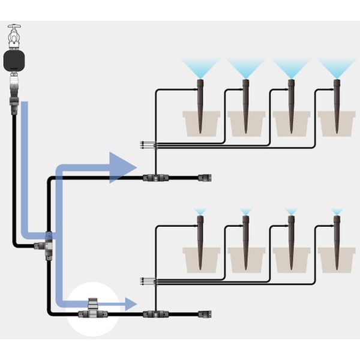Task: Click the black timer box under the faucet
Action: pos(14,60)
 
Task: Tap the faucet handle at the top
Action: pos(14,29)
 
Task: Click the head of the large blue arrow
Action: pos(124,167)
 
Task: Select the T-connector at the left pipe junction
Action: pos(46,247)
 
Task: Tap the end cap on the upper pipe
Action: pos(206,178)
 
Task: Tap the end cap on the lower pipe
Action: pos(206,313)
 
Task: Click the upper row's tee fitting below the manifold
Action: pos(155,178)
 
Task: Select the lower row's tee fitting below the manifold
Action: pos(155,313)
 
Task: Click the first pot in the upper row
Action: pos(201,123)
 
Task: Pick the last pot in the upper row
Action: pos(337,123)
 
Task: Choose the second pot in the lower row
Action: pos(246,259)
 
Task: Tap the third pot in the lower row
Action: pos(291,259)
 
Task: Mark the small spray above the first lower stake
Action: pos(200,212)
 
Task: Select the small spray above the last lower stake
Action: pos(337,212)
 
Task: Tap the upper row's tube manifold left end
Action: pos(142,145)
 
